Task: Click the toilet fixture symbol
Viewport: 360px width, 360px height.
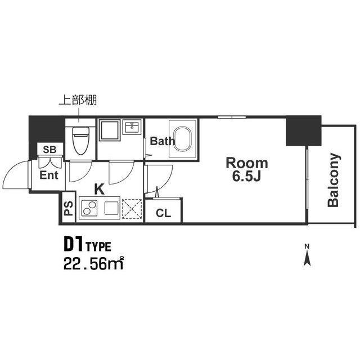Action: pos(80,141)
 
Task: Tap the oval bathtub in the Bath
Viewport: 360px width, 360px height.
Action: pos(182,138)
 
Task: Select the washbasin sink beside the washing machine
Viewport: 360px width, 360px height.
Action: pos(133,127)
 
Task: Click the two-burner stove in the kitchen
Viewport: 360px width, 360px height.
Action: pos(89,208)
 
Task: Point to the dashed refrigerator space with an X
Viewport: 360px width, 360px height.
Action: pos(132,209)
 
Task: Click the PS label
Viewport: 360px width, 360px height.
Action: pos(68,209)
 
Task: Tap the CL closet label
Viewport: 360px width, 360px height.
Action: pos(163,213)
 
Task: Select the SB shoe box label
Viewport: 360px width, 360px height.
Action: pos(49,150)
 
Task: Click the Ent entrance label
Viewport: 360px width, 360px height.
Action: pos(49,175)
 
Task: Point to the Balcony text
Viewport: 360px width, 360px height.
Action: pos(333,180)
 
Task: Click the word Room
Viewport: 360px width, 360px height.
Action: pos(247,163)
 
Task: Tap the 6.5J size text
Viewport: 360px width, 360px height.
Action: pos(246,176)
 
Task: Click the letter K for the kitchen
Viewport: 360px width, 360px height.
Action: pos(100,190)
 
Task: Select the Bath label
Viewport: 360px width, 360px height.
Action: pos(163,141)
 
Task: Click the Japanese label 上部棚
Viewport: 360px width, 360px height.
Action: pos(78,100)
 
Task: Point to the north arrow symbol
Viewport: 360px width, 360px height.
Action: pos(307,255)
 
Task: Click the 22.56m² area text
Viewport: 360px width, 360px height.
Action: pos(94,264)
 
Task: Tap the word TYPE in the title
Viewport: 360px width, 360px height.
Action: pos(98,247)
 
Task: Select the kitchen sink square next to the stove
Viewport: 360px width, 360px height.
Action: pos(111,208)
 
